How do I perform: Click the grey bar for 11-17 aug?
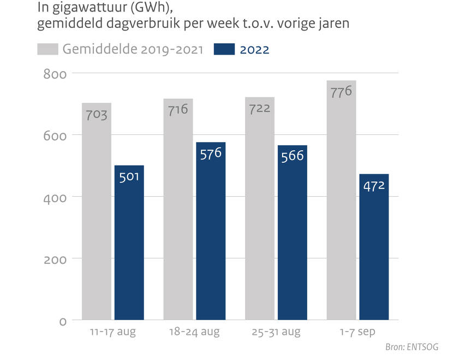click(97, 219)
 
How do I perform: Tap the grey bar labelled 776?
click(341, 208)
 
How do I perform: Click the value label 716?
click(178, 109)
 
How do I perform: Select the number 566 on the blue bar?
click(293, 156)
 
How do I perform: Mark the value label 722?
click(260, 108)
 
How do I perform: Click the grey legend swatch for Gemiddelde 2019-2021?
click(47, 49)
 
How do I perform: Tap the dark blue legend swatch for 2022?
click(223, 49)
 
